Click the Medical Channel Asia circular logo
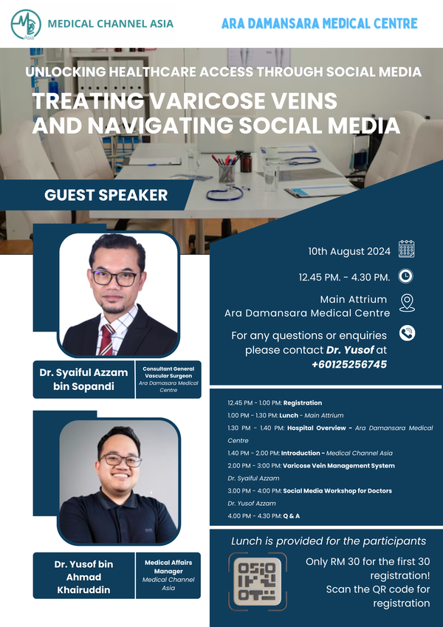point(26,24)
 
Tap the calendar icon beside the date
point(406,249)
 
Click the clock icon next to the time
point(405,276)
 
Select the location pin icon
point(407,303)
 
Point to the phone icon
point(407,333)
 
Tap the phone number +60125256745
point(349,365)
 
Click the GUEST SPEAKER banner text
point(106,195)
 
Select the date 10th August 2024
point(349,252)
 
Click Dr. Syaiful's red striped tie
point(107,339)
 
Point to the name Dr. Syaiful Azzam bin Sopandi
point(83,380)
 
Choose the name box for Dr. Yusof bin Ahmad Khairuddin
point(83,576)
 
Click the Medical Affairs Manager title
point(168,567)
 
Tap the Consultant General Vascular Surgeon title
point(168,372)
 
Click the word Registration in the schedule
point(303,402)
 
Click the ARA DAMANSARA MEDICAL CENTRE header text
point(320,23)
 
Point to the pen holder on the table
point(227,173)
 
